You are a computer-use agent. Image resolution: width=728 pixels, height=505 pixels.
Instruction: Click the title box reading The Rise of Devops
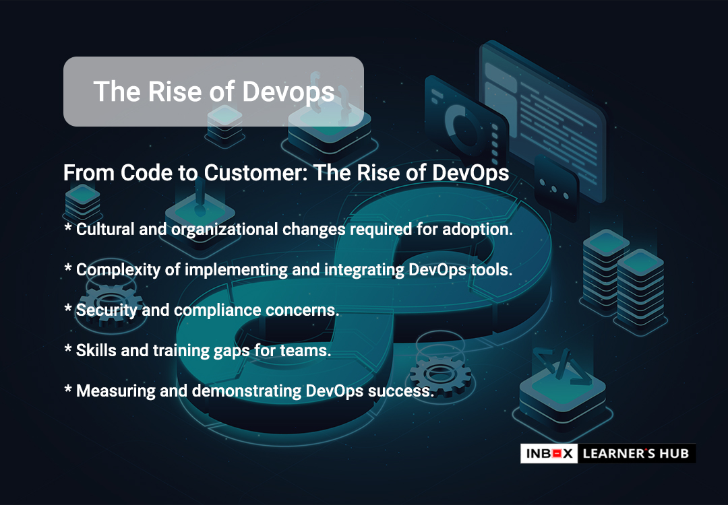point(214,92)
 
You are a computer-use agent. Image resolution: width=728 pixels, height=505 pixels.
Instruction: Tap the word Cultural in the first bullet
point(105,229)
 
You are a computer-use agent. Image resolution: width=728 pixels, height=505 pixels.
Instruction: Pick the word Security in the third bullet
point(107,310)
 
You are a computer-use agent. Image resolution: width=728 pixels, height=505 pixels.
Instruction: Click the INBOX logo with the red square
point(549,454)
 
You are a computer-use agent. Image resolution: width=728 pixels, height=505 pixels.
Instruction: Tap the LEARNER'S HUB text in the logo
point(636,454)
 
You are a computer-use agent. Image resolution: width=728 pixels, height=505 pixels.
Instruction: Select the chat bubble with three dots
point(554,189)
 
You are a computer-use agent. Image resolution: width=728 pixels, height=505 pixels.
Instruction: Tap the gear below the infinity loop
point(439,373)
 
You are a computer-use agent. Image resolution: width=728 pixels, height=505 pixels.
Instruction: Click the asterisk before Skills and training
point(68,348)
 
